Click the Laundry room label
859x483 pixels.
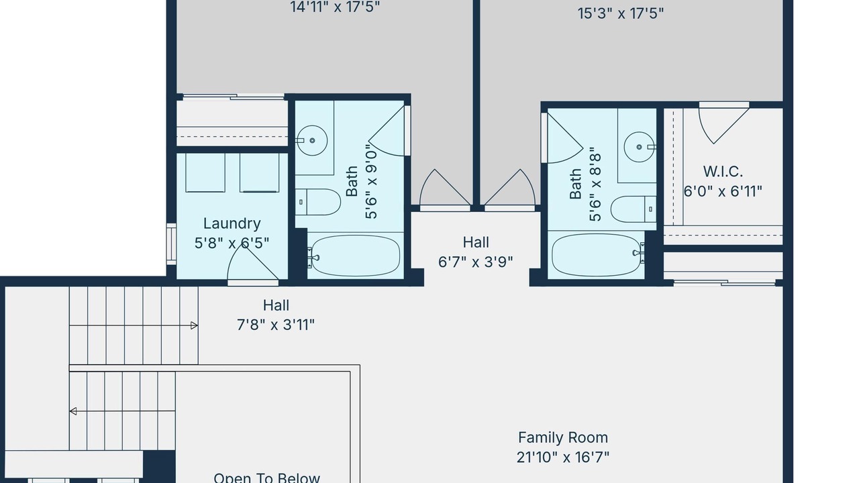coord(232,224)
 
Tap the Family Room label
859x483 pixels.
coord(563,437)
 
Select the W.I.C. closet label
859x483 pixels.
coord(723,171)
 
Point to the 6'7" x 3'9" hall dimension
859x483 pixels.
coord(476,262)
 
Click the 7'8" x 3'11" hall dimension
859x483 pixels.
coord(276,325)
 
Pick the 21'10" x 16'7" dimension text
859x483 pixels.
coord(563,458)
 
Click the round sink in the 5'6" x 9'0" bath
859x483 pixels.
coord(312,140)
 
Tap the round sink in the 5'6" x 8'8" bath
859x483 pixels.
coord(640,147)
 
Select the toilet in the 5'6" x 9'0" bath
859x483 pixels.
coord(317,202)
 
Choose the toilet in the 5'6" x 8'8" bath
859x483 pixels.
coord(634,209)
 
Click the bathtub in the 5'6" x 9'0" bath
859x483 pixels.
coord(356,256)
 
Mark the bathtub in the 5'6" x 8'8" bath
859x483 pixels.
coord(597,256)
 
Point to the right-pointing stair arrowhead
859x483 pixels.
coord(195,325)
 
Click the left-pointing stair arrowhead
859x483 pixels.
coord(73,411)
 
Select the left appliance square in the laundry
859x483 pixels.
coord(205,173)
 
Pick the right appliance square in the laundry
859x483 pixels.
coord(260,173)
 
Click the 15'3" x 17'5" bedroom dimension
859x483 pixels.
coord(621,13)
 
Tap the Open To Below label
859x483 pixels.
coord(266,478)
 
